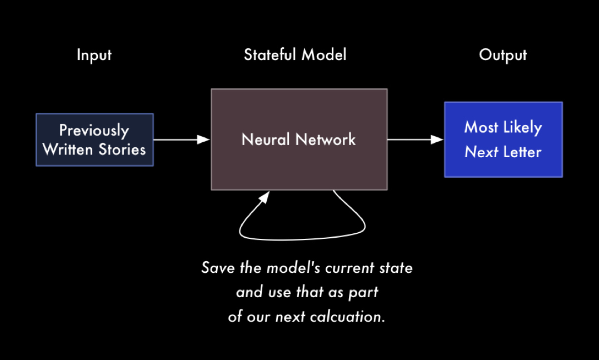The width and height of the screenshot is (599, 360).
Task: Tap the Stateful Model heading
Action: pyautogui.click(x=295, y=54)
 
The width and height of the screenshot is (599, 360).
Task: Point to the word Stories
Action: pyautogui.click(x=122, y=149)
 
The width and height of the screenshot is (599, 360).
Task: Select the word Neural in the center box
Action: pyautogui.click(x=266, y=139)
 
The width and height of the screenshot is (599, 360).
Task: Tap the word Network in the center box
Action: pyautogui.click(x=326, y=139)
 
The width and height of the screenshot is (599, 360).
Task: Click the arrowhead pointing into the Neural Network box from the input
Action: pyautogui.click(x=203, y=140)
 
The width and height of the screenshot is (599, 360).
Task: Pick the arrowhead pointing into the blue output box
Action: pyautogui.click(x=437, y=140)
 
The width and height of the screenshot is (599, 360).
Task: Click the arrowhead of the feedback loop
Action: pyautogui.click(x=264, y=197)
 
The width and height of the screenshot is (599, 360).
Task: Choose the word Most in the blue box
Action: pyautogui.click(x=481, y=127)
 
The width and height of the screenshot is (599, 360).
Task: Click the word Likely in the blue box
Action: pyautogui.click(x=523, y=128)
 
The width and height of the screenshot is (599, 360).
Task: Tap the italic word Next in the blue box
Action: pyautogui.click(x=481, y=152)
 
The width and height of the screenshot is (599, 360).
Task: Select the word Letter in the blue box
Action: pyautogui.click(x=522, y=152)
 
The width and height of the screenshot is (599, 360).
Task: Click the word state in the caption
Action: pyautogui.click(x=396, y=268)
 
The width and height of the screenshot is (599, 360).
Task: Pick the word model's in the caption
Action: pyautogui.click(x=293, y=268)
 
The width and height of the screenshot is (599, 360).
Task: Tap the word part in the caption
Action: pyautogui.click(x=363, y=293)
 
